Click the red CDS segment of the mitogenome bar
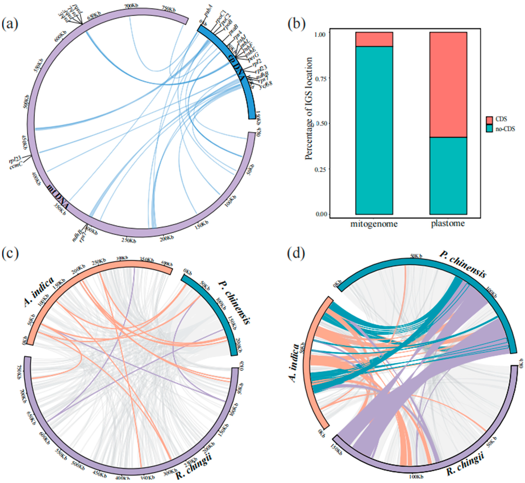(374, 39)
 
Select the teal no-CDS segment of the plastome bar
(448, 176)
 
